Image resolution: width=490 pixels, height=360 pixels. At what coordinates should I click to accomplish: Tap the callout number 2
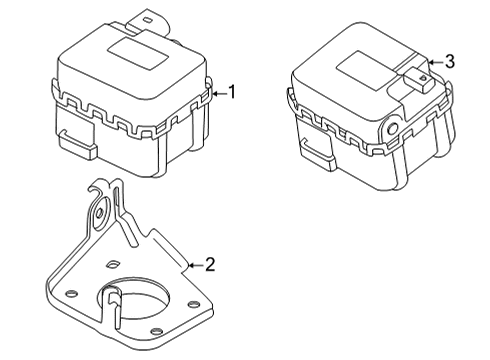point(210,264)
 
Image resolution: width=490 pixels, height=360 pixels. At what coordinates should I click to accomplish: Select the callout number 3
point(449,61)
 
